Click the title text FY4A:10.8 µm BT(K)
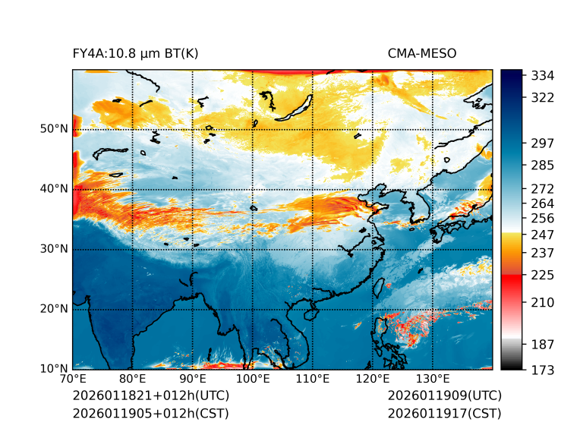(x=135, y=53)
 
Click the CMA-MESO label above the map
(x=421, y=53)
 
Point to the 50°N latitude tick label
(x=54, y=129)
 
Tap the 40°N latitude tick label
(x=54, y=189)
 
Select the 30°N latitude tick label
(x=54, y=249)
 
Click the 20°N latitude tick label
(x=54, y=309)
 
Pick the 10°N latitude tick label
(x=54, y=369)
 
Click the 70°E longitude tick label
(x=73, y=380)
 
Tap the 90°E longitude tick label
(x=193, y=380)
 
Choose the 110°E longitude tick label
(x=312, y=380)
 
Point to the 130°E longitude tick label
(x=432, y=380)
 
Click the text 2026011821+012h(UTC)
(x=150, y=396)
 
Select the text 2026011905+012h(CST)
(x=150, y=414)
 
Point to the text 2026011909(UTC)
(x=444, y=396)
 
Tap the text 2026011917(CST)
(x=444, y=414)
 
